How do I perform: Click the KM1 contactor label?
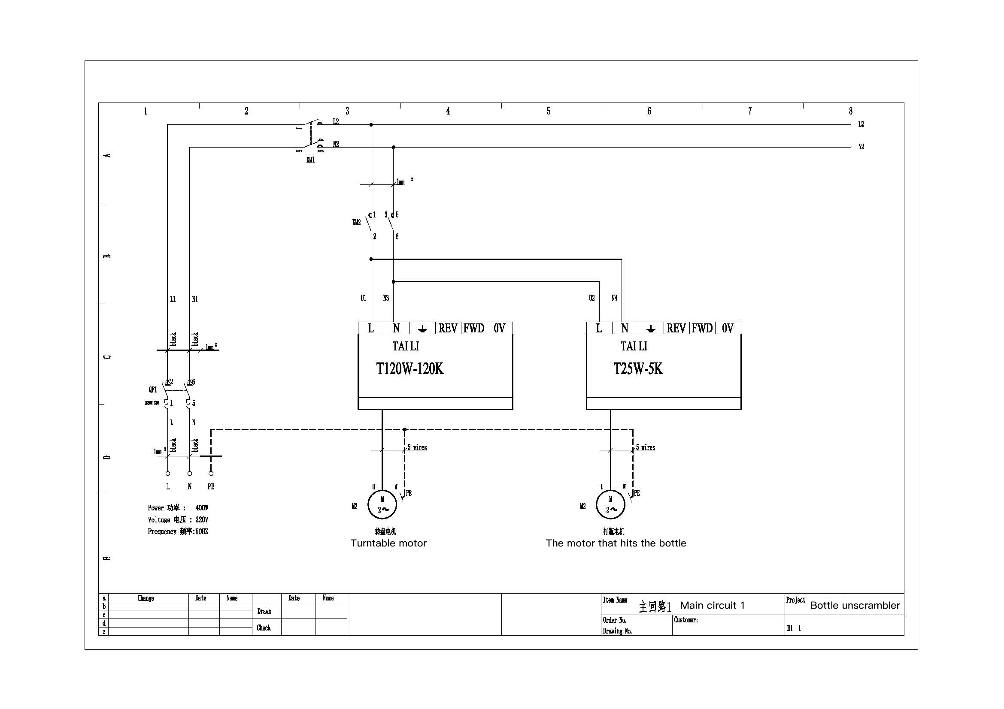310,160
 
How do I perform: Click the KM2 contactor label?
356,222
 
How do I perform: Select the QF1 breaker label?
153,389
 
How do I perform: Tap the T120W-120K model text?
410,369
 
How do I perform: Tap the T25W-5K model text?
638,369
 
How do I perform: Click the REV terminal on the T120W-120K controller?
448,328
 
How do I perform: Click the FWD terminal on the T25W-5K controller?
702,328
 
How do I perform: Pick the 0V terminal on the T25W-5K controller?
728,328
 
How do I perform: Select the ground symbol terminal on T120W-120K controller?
422,329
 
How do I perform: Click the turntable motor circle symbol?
382,504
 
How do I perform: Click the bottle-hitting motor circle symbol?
610,504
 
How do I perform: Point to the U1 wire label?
363,298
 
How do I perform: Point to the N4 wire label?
614,298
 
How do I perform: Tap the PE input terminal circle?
211,474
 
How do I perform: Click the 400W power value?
202,507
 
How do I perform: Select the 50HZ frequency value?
201,531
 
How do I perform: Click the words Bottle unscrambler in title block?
855,606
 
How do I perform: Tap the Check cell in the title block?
264,628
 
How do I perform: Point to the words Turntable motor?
388,543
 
